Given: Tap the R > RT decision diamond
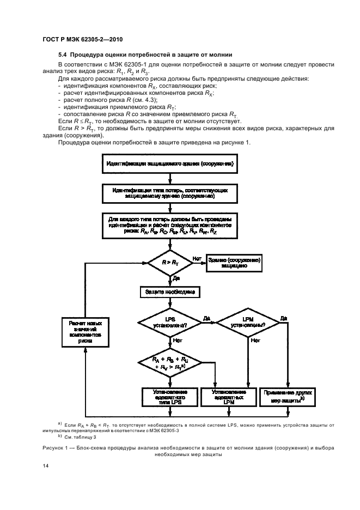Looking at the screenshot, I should click(x=170, y=262).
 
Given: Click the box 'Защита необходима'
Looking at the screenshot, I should click(x=170, y=292).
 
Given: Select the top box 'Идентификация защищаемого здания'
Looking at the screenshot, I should click(x=170, y=163).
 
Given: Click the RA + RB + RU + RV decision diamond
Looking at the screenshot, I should click(x=170, y=363).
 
